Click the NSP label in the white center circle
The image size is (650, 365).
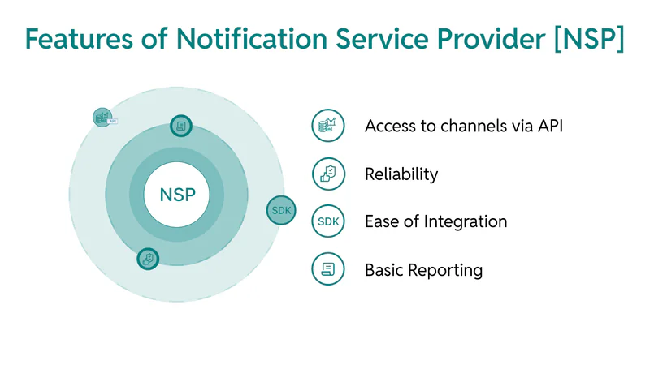pos(177,195)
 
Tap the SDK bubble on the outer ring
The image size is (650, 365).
pos(281,210)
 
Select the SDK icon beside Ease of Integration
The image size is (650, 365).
pos(328,221)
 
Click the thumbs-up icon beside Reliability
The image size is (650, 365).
pos(328,174)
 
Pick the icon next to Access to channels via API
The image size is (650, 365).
pos(328,126)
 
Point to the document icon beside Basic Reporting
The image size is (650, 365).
pos(328,269)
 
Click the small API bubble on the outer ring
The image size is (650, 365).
pos(103,118)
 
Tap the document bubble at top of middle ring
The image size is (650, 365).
pos(181,126)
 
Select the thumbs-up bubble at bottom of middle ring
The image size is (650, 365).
pos(148,259)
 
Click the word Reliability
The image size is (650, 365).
pos(401,174)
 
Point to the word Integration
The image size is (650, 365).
pos(465,221)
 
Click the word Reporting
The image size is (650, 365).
pos(445,270)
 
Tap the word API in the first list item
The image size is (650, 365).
pos(551,126)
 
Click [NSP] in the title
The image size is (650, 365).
pos(589,39)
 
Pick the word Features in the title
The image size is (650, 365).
pos(79,39)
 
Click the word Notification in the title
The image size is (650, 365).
pos(252,39)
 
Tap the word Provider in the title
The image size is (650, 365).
pos(492,39)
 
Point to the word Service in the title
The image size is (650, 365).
pos(382,39)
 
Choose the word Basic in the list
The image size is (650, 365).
pos(383,270)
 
